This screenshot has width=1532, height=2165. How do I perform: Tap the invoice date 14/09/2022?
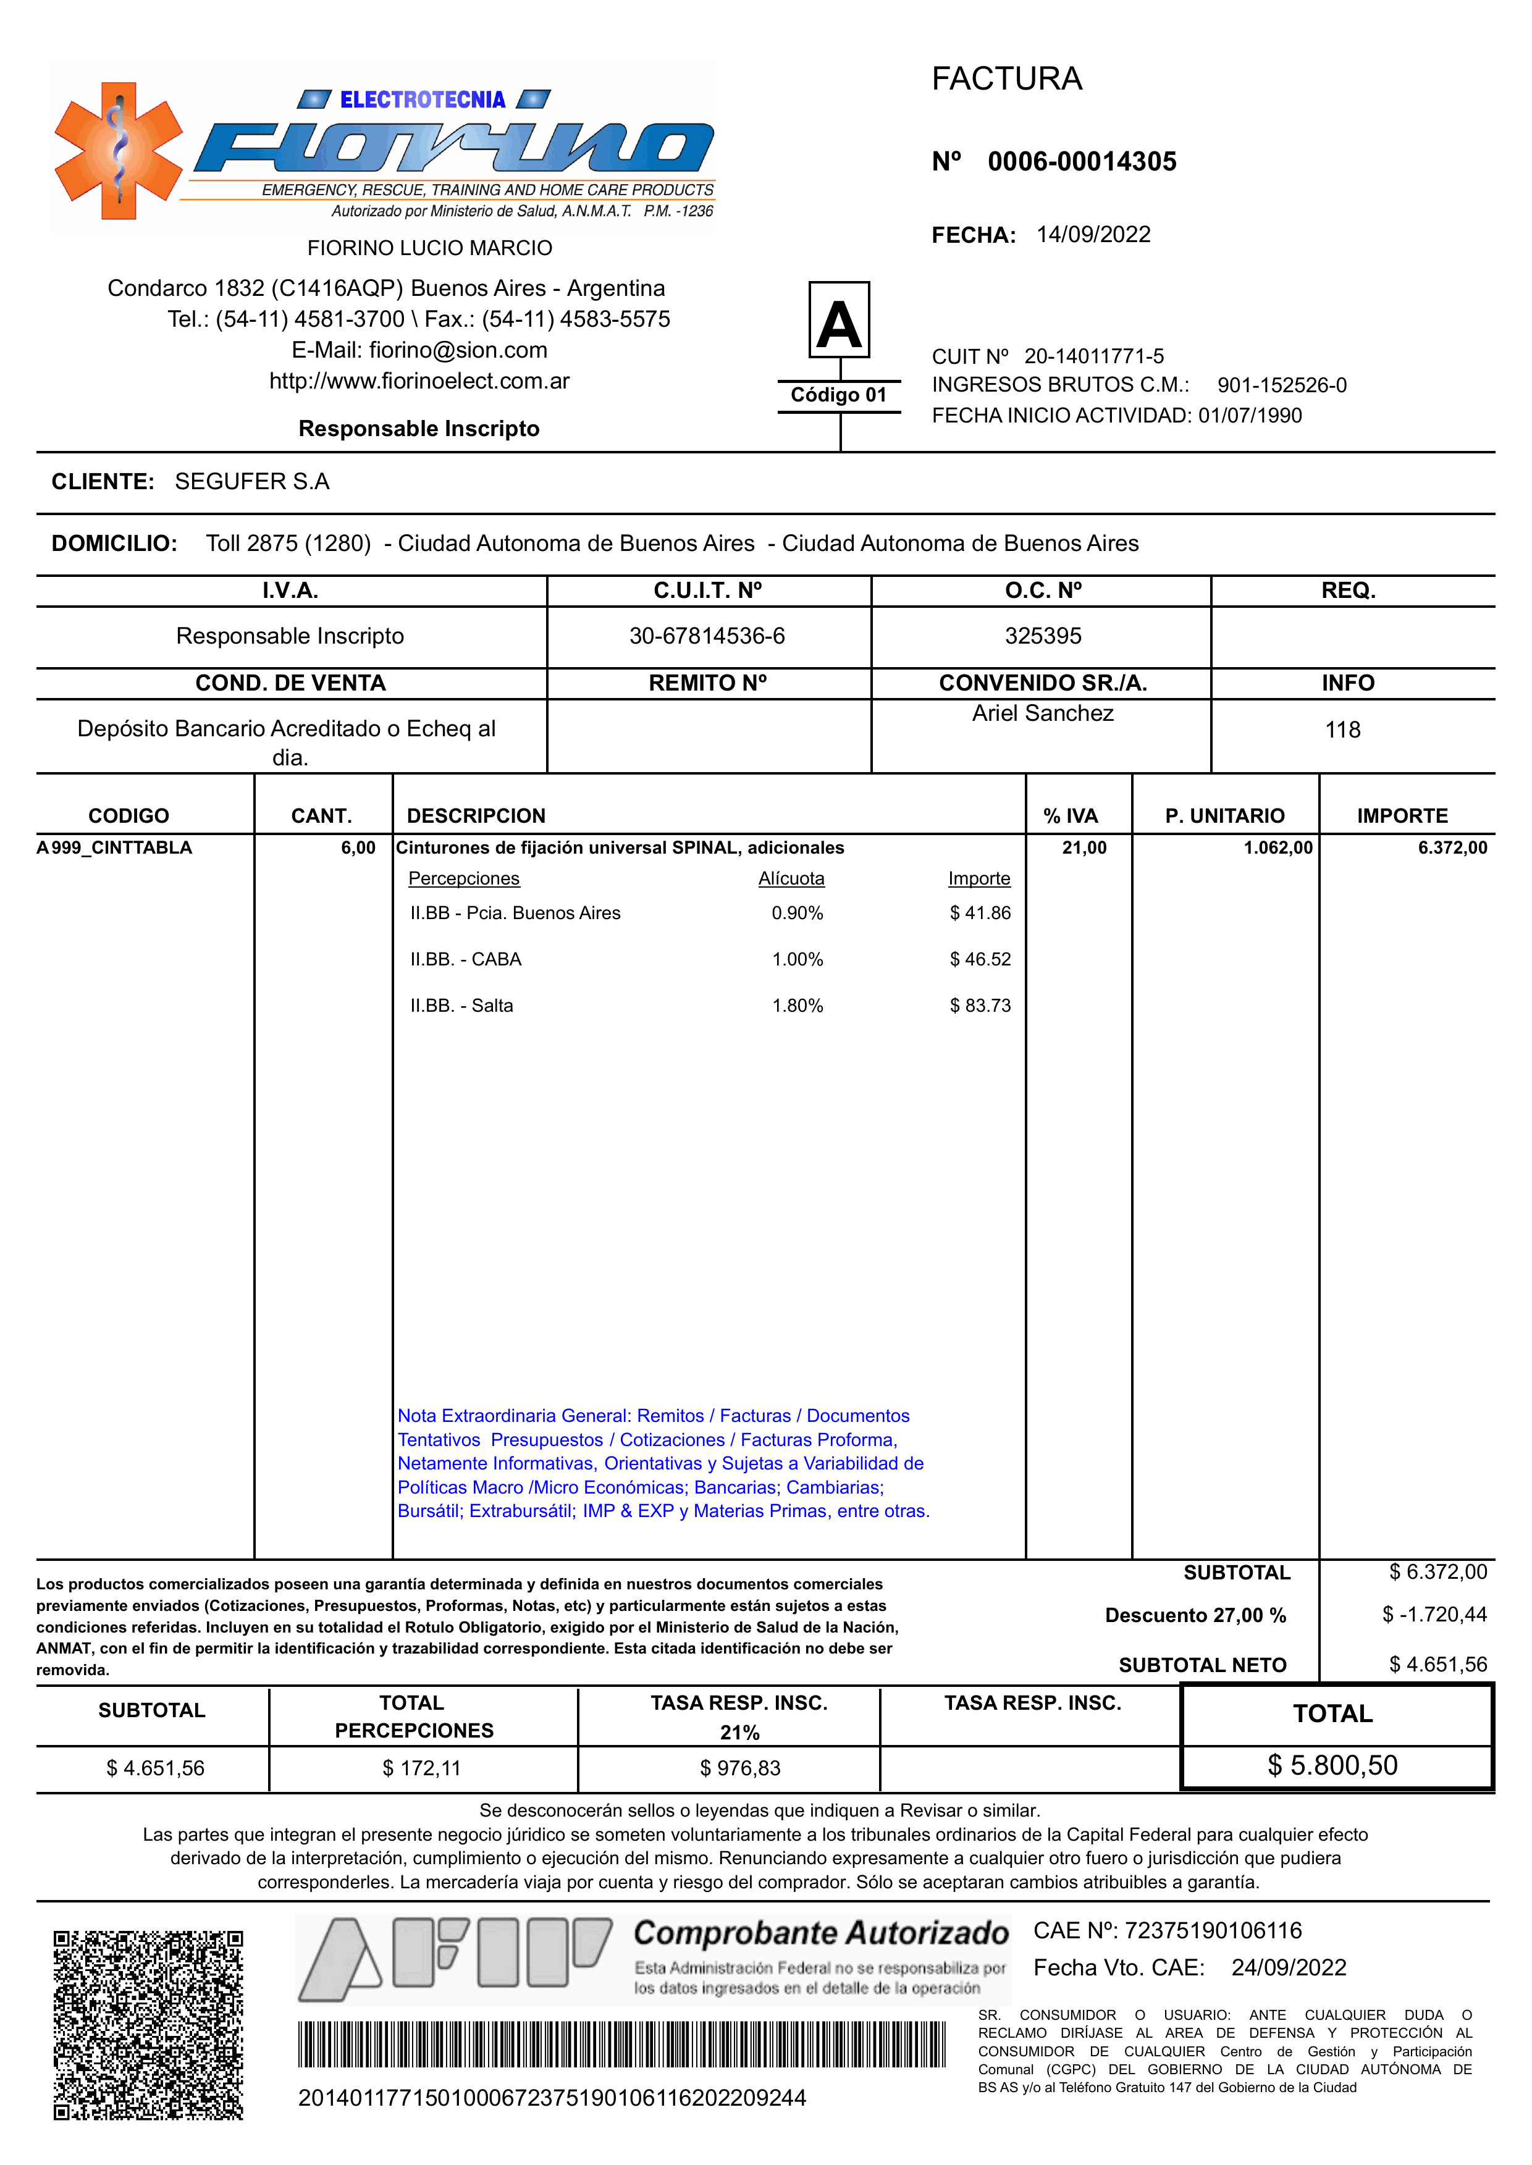coord(1093,234)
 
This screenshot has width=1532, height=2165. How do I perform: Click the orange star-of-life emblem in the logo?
coord(118,151)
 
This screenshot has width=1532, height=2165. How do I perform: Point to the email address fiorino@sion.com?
coord(458,350)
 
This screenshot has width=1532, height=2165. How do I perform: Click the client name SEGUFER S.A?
coord(252,481)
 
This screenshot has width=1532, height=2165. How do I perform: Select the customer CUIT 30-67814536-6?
coord(707,636)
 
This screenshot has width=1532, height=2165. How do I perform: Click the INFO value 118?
coord(1342,729)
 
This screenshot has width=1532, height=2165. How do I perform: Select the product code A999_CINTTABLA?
coord(114,847)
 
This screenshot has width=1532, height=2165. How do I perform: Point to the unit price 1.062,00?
coord(1277,847)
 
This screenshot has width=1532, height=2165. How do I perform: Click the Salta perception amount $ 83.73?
coord(980,1006)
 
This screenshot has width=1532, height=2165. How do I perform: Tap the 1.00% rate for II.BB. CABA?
coord(797,959)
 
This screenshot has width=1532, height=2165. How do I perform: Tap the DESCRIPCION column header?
coord(476,816)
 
